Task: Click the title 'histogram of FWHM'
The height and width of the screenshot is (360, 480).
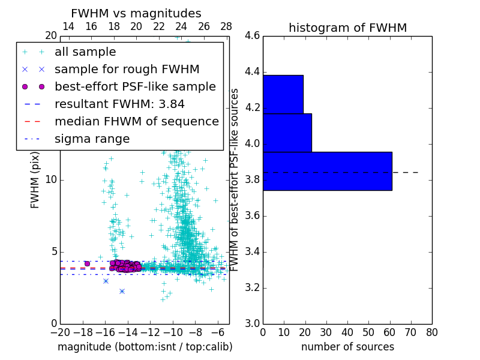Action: (x=347, y=28)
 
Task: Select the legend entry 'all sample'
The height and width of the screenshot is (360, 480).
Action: (x=85, y=52)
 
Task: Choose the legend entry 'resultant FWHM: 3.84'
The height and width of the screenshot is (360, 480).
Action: (x=119, y=104)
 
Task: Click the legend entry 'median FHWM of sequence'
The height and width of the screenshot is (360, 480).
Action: (x=136, y=122)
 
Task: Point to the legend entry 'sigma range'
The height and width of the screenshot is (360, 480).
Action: (x=92, y=139)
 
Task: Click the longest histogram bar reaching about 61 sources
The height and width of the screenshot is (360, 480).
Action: (x=327, y=171)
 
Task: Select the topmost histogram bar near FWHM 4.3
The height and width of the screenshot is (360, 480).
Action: (x=283, y=94)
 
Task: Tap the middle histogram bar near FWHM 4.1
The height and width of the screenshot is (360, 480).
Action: (x=287, y=133)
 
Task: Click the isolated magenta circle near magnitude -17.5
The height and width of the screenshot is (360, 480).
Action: (x=87, y=263)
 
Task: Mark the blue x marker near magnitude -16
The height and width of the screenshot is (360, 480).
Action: (x=106, y=281)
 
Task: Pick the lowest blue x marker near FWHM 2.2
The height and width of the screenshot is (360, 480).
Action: (x=122, y=291)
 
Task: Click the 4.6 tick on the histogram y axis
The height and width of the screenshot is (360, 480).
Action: (x=252, y=36)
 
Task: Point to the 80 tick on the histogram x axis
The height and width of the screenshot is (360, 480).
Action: (x=432, y=332)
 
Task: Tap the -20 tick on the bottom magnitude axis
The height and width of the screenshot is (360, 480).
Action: (x=60, y=332)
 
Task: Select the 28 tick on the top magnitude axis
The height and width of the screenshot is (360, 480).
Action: (x=226, y=26)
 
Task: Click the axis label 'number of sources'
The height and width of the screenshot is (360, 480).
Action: (x=347, y=347)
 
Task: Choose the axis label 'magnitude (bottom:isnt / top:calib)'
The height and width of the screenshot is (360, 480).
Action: (x=145, y=347)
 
